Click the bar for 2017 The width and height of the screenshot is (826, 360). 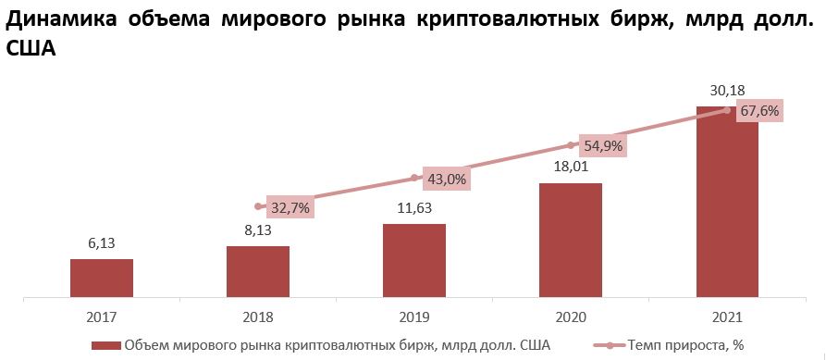coord(102,279)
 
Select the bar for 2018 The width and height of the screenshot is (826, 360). coord(258,272)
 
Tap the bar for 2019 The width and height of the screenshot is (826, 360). coord(414,261)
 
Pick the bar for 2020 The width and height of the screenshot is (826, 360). coord(571,241)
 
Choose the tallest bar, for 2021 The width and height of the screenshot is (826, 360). coord(727,204)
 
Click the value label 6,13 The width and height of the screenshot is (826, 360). coord(102,242)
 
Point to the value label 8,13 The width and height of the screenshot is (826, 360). coord(258,230)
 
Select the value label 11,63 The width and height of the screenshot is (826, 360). coord(414,207)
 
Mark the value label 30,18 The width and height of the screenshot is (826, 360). coord(727,91)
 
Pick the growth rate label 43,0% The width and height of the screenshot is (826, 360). coord(445,179)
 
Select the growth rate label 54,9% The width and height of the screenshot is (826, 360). coord(602,145)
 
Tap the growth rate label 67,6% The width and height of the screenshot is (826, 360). coord(759,111)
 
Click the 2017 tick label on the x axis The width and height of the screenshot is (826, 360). coord(102,317)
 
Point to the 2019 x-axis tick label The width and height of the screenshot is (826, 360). coord(414,317)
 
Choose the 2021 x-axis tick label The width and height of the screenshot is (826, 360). coord(727,317)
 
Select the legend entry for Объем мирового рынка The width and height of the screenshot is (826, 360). coord(337,345)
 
